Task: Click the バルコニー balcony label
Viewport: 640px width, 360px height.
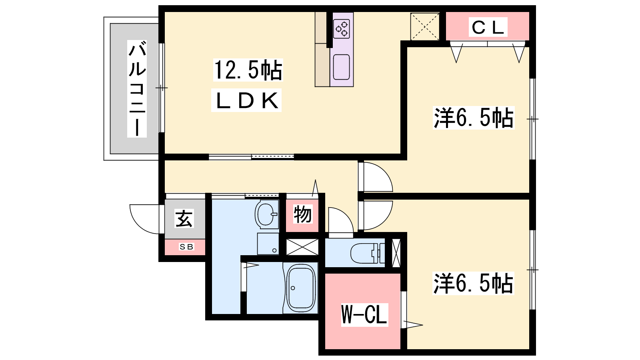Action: click(x=137, y=88)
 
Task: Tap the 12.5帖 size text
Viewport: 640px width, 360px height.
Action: click(x=248, y=70)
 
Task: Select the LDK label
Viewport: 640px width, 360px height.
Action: click(x=246, y=100)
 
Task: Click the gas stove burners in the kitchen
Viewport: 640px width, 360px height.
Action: click(x=342, y=28)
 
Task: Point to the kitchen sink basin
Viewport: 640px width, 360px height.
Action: click(x=342, y=67)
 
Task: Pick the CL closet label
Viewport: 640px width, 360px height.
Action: click(x=488, y=28)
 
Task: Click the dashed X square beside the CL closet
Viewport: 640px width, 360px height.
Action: click(x=425, y=26)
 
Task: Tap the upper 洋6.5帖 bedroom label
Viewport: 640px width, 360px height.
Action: click(x=474, y=118)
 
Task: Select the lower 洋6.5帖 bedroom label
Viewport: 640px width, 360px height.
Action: click(x=473, y=284)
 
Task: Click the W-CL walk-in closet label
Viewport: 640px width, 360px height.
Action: click(x=364, y=314)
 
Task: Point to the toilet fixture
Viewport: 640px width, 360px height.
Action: click(x=368, y=253)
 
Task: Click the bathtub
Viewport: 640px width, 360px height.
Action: click(x=301, y=288)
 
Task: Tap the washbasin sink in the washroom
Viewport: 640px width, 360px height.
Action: click(x=266, y=214)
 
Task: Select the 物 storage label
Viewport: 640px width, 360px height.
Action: click(x=302, y=214)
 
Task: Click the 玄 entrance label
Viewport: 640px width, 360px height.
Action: click(x=184, y=218)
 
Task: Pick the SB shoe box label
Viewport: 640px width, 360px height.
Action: click(x=186, y=246)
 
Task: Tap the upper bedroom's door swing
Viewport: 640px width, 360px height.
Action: click(x=383, y=172)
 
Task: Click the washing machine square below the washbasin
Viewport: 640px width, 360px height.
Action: click(x=268, y=244)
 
